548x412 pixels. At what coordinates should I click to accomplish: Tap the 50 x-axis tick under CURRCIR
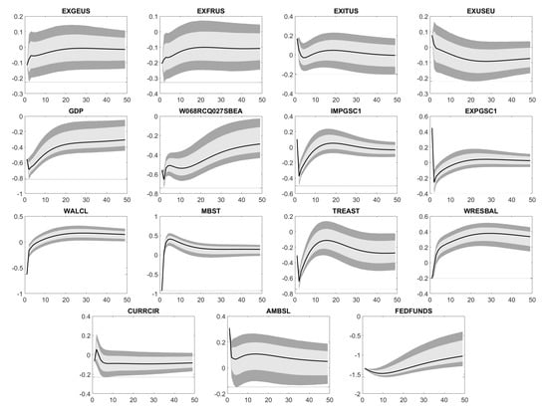[x=192, y=401]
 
